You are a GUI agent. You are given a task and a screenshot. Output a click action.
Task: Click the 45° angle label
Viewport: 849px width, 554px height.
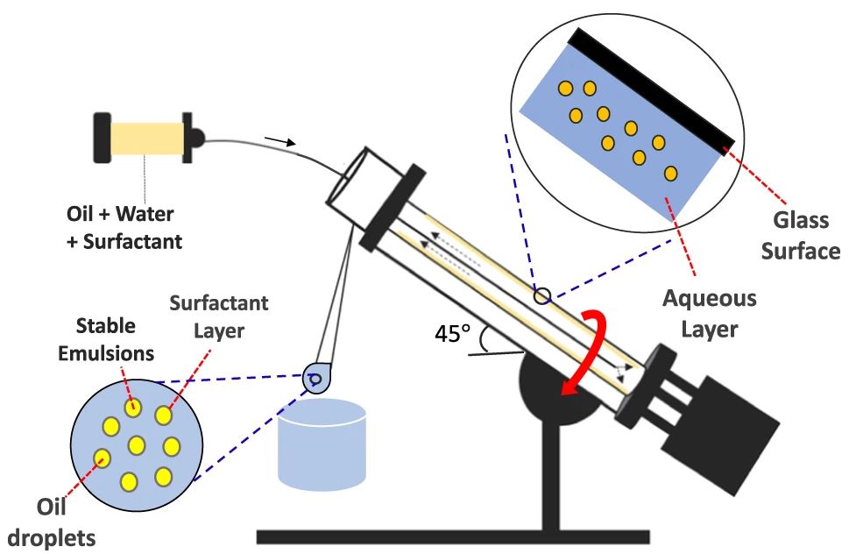point(453,333)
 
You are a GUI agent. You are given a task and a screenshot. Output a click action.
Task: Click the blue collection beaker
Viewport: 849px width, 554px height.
point(322,445)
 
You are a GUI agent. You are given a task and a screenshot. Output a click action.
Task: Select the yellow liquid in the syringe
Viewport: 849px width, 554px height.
point(147,138)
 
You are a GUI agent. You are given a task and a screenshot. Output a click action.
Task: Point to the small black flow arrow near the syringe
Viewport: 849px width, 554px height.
point(279,141)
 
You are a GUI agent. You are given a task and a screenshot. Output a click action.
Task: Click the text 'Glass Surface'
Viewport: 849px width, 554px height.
point(800,236)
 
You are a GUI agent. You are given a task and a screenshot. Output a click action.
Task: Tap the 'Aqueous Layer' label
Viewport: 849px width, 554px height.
point(710,313)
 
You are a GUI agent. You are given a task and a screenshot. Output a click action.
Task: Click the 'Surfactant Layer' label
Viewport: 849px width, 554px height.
point(219,316)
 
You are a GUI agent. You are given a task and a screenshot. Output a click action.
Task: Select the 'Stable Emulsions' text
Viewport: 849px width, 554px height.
point(106,339)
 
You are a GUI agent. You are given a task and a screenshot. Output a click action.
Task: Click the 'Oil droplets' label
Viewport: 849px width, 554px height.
point(52,522)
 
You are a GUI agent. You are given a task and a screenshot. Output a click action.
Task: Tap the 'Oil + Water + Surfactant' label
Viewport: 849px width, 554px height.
point(124,227)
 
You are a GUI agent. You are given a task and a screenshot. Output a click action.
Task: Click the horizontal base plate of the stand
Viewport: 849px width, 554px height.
point(453,536)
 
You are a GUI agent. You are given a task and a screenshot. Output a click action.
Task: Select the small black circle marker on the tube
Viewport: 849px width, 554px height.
point(542,296)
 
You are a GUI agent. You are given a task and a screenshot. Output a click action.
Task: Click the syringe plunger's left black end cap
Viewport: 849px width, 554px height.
point(103,138)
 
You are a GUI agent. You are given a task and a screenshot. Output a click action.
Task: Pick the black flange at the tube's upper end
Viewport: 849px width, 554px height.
point(392,208)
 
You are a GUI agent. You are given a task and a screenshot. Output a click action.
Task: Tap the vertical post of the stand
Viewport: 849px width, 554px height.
point(550,477)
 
